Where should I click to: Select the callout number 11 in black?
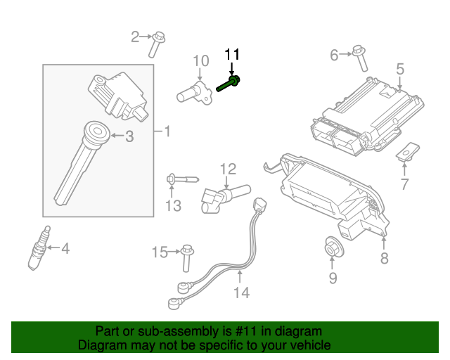232,54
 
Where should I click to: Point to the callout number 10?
201,60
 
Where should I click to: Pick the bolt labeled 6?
360,57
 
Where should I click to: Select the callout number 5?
399,69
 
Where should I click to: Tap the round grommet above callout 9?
332,247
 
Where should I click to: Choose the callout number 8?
384,259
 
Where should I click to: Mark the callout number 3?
129,136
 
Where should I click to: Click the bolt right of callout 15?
186,256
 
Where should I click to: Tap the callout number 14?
240,292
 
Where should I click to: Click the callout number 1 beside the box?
167,131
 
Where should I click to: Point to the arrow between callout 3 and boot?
115,136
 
